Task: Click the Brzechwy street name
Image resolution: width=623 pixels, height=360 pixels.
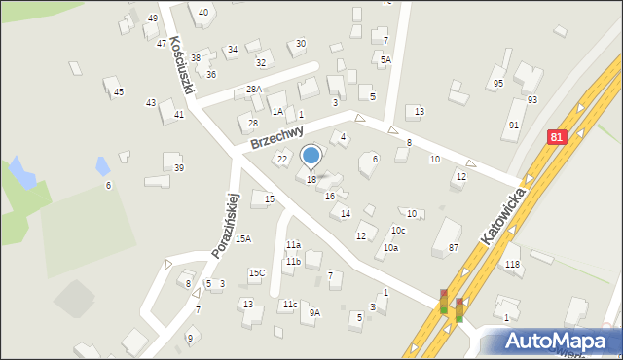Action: pyautogui.click(x=276, y=136)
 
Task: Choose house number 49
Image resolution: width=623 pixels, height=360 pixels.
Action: pyautogui.click(x=153, y=18)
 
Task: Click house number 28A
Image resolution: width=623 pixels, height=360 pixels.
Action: pyautogui.click(x=253, y=89)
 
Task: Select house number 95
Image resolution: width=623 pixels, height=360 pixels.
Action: pyautogui.click(x=498, y=83)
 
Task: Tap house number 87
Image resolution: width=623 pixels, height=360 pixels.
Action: pyautogui.click(x=454, y=248)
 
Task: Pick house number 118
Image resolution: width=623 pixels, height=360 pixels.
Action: pyautogui.click(x=512, y=265)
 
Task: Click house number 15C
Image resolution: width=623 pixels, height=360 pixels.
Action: pyautogui.click(x=256, y=272)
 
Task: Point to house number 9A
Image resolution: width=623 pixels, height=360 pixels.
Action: pyautogui.click(x=314, y=312)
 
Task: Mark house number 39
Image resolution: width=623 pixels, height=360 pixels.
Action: pyautogui.click(x=179, y=168)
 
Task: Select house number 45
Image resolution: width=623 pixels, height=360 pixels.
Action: pyautogui.click(x=119, y=92)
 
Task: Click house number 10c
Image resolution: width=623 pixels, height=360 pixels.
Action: pyautogui.click(x=398, y=230)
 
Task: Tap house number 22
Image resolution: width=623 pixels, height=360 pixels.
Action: pyautogui.click(x=282, y=159)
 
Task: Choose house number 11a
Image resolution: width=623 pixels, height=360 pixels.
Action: pyautogui.click(x=293, y=245)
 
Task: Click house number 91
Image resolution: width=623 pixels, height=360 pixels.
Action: pyautogui.click(x=514, y=126)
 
